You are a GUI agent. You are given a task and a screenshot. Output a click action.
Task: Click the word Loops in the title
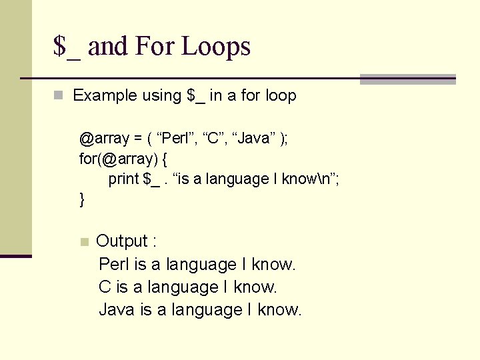click(x=216, y=47)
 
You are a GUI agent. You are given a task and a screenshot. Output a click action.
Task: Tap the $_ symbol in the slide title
click(x=67, y=47)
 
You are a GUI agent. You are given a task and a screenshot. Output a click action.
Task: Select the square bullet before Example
click(x=59, y=95)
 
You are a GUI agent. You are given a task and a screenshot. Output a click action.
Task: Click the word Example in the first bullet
click(x=105, y=95)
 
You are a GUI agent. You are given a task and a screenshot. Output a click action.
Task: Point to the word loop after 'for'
click(x=281, y=95)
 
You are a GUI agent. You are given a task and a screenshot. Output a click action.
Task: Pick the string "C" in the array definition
click(x=213, y=139)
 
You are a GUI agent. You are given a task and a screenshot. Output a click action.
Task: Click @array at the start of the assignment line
click(x=104, y=139)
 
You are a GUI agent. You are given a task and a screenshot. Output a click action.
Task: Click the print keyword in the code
click(x=123, y=179)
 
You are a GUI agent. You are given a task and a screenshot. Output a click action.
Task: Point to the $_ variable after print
click(x=151, y=179)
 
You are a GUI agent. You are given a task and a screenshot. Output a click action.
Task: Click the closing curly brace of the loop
click(x=82, y=199)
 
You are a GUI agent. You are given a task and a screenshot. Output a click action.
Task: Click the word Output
click(x=122, y=241)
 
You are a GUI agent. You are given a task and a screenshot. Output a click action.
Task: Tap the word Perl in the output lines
click(x=114, y=264)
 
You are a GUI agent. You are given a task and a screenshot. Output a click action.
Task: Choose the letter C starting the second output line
click(x=105, y=287)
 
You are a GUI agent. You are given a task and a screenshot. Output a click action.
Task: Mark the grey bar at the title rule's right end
click(x=407, y=79)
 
